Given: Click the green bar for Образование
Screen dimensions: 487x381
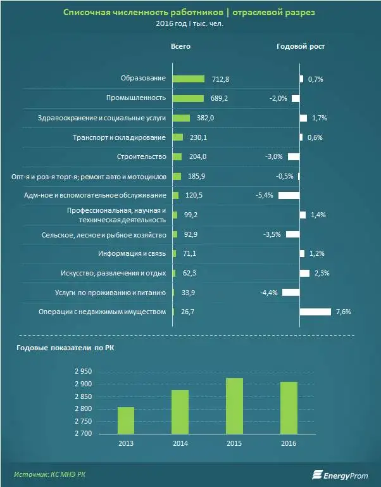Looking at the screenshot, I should click(188, 79).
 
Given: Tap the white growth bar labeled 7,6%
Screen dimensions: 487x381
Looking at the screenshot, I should click(315, 312).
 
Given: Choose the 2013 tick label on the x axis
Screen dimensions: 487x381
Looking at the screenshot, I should click(125, 443).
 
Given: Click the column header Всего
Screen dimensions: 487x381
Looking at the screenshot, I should click(180, 46).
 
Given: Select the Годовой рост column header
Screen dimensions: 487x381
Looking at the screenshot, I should click(301, 46).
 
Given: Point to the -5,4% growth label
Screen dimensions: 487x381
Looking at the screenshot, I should click(264, 195).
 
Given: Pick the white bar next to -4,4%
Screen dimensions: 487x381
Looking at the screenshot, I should click(290, 292).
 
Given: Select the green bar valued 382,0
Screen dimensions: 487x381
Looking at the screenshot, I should click(181, 118).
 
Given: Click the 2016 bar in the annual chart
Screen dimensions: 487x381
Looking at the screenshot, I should click(289, 408).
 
